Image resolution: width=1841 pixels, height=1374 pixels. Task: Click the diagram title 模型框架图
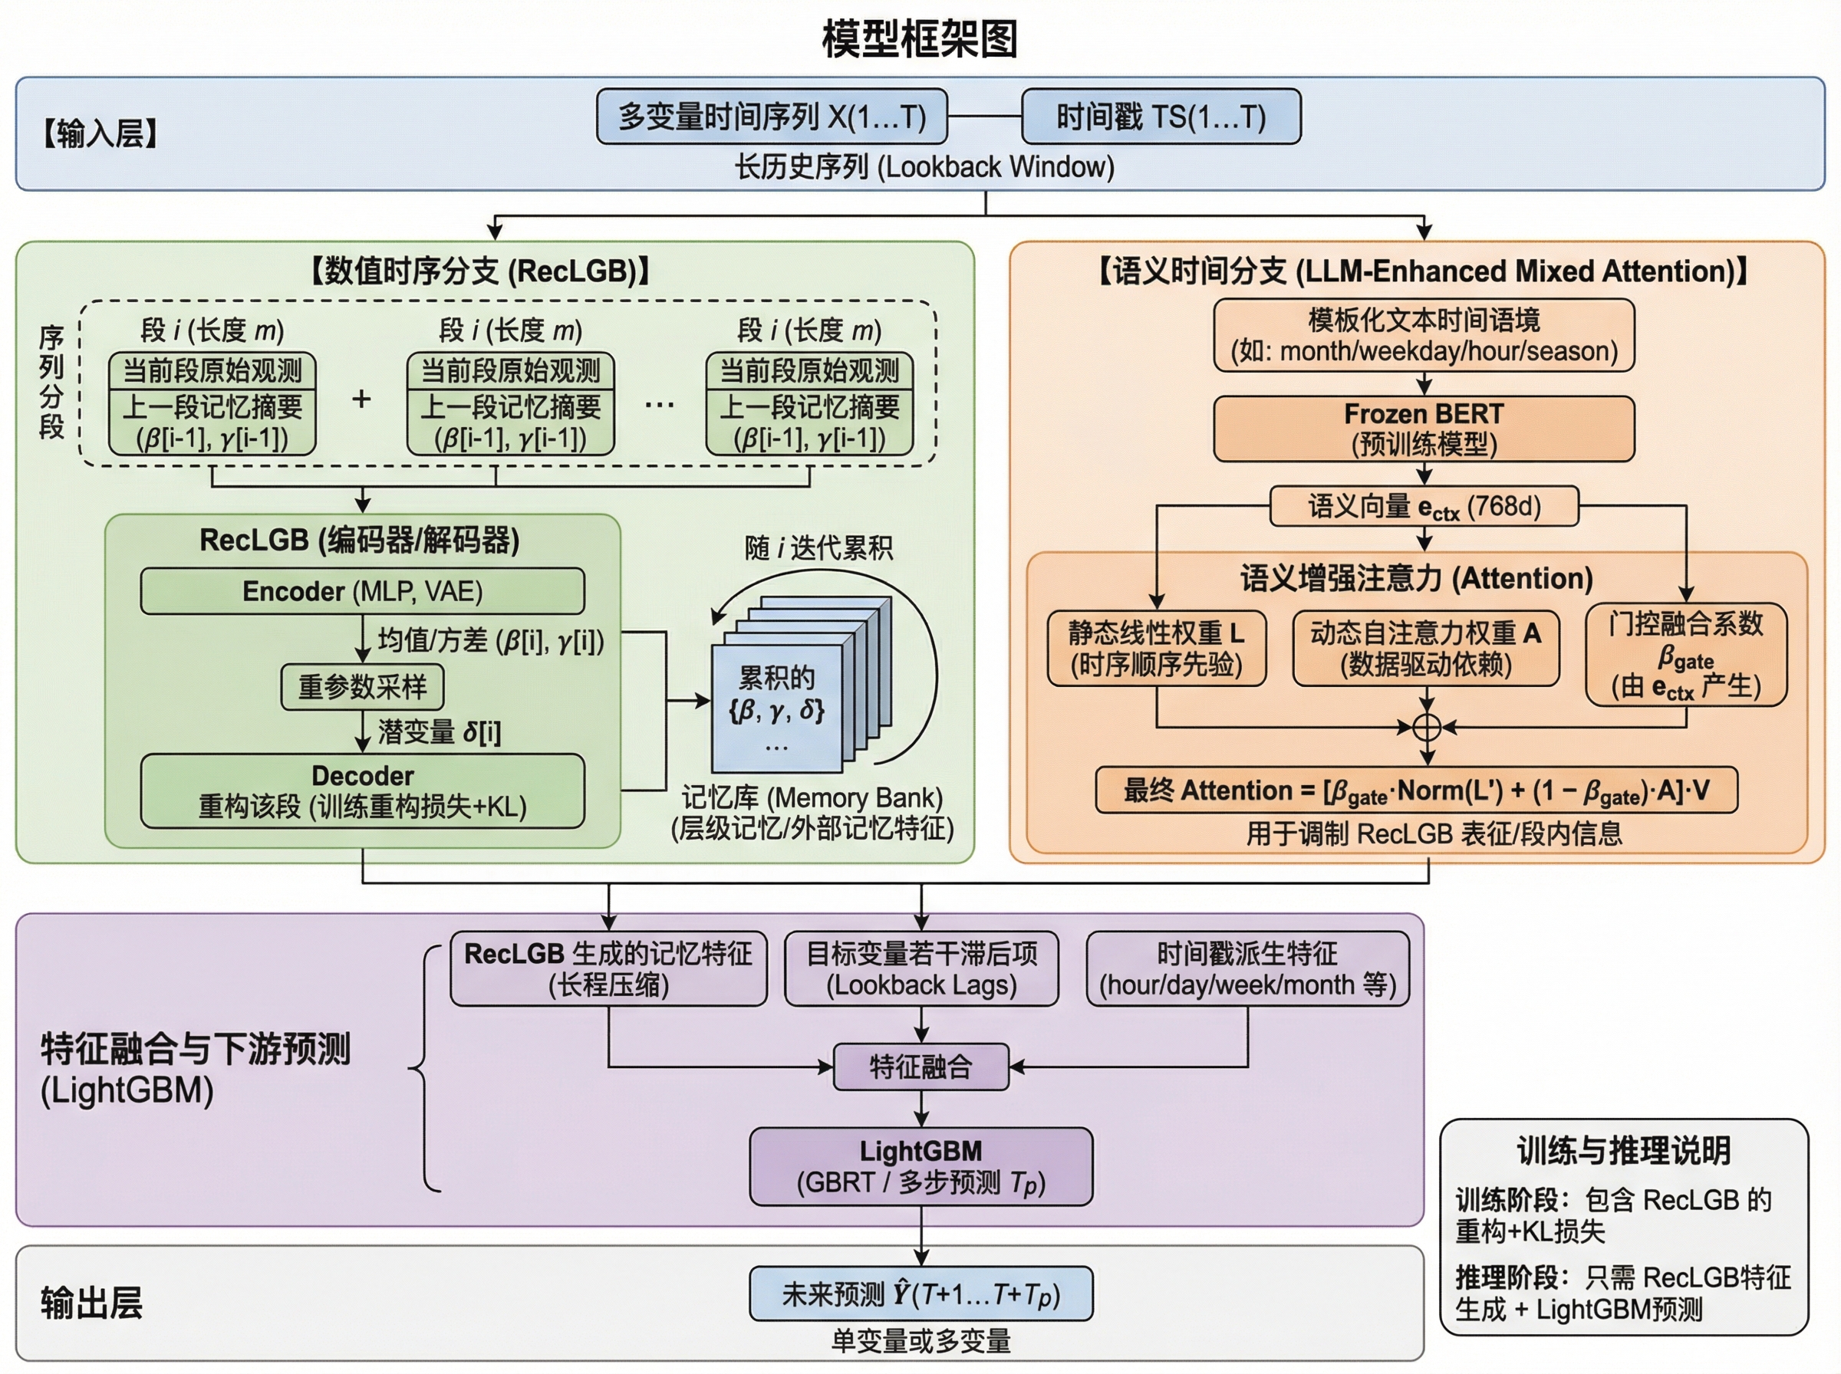coord(919,38)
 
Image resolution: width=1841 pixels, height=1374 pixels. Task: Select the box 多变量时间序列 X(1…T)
coord(772,117)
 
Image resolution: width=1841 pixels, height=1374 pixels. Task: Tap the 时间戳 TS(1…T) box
coord(1161,117)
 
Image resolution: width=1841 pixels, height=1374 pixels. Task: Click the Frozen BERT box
coord(1424,429)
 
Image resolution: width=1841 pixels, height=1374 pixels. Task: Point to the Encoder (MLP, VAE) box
coord(362,591)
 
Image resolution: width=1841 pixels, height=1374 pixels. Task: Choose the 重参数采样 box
coord(362,687)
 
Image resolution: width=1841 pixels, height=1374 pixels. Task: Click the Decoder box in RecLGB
coord(362,791)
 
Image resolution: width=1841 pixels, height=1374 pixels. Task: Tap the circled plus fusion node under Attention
coord(1427,727)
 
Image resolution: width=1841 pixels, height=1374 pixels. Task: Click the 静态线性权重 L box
coord(1156,649)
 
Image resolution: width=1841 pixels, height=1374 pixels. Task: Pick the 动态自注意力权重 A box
coord(1425,649)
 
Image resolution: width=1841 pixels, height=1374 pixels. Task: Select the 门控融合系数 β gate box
coord(1685,656)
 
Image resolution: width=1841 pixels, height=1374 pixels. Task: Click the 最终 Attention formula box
coord(1416,791)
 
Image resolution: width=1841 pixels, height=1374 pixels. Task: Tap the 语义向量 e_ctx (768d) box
coord(1424,506)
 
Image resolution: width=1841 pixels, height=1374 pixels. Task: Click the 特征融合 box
coord(921,1067)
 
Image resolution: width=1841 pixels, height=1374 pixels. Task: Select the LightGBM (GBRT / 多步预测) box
coord(921,1166)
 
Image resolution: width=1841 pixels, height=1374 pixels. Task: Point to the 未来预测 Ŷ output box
coord(921,1294)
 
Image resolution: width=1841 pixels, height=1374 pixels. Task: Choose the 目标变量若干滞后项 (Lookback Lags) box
coord(921,969)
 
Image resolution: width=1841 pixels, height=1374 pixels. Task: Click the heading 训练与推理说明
coord(1623,1151)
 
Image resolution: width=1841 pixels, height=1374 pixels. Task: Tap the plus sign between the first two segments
coord(361,399)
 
